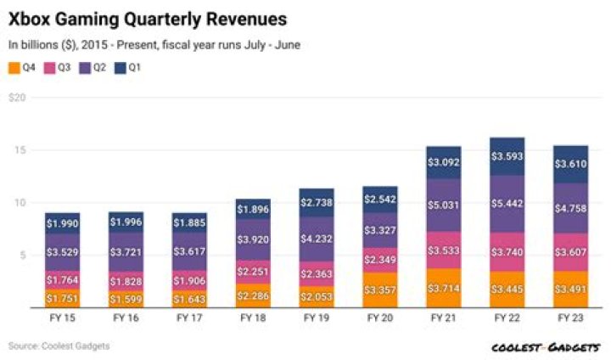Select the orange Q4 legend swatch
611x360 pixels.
pyautogui.click(x=14, y=67)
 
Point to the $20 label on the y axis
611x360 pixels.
pyautogui.click(x=16, y=98)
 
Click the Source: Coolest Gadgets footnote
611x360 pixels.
pyautogui.click(x=59, y=346)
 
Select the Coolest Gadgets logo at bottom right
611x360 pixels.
pyautogui.click(x=546, y=346)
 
